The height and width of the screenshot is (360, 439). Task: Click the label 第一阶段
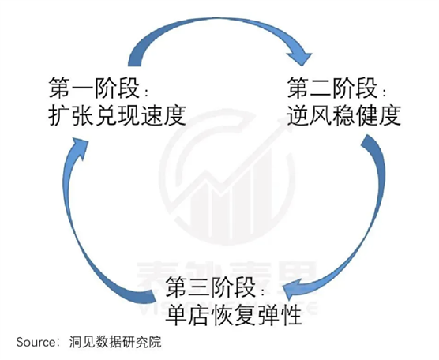[94, 88]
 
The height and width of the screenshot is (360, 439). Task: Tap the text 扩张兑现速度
[117, 114]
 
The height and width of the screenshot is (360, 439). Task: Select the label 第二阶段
[332, 88]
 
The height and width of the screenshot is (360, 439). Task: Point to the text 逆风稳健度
[343, 114]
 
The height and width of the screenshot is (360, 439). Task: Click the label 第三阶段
[211, 287]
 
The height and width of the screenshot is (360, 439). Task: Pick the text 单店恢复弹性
[234, 315]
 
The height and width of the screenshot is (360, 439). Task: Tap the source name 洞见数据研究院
[115, 343]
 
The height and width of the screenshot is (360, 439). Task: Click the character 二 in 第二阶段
[321, 88]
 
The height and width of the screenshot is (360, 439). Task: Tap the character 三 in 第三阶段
[200, 287]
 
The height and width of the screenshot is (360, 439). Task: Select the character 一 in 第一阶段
[83, 88]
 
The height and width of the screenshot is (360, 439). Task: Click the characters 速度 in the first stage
[163, 114]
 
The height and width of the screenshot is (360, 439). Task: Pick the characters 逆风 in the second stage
[310, 114]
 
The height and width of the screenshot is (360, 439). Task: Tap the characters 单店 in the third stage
[188, 315]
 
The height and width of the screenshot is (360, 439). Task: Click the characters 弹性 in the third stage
[280, 315]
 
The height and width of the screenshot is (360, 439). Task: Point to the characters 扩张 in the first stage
[71, 114]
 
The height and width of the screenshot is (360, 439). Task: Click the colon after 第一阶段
[147, 92]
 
